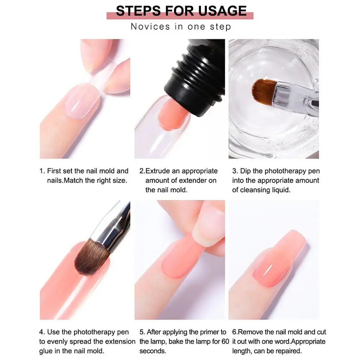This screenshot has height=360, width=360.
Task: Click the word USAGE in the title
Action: [x=222, y=11]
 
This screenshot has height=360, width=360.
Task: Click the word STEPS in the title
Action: [x=139, y=11]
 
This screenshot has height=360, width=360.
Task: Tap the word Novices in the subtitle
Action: [x=150, y=27]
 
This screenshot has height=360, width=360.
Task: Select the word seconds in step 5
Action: [x=153, y=351]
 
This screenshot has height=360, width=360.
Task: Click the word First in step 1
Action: [x=55, y=171]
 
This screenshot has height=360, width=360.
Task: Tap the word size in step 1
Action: [x=120, y=181]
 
